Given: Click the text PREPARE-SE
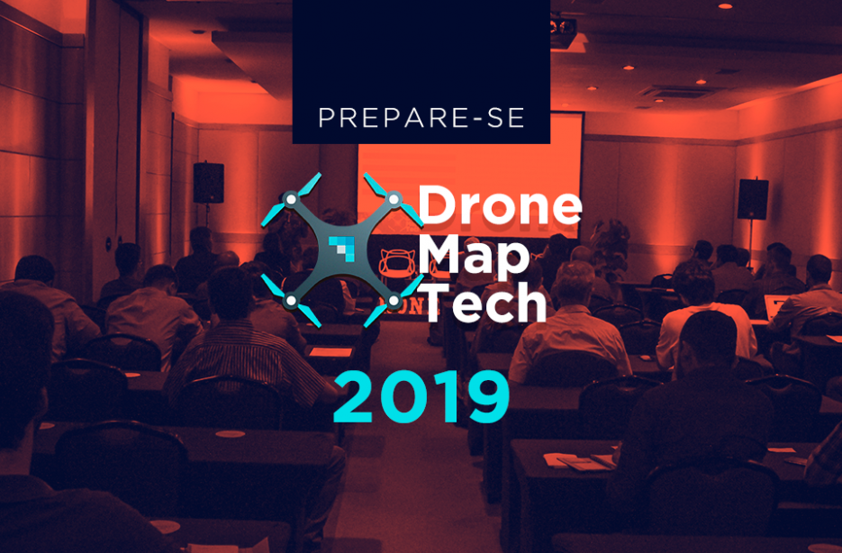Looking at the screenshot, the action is (x=421, y=118).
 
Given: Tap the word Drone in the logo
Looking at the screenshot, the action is (x=500, y=205).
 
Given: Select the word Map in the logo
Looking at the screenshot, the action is (x=474, y=256).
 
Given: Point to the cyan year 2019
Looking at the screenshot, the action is (x=421, y=397).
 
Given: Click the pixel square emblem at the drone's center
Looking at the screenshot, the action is (x=341, y=249).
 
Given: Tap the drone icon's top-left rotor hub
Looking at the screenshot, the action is (x=291, y=200).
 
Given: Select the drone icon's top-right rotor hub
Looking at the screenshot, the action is (x=394, y=200).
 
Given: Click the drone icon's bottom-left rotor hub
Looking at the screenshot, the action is (x=291, y=301).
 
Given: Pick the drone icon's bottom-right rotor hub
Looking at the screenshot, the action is (x=394, y=301).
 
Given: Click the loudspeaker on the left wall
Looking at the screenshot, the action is (x=208, y=183).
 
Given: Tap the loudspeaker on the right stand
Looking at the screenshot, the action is (x=752, y=199).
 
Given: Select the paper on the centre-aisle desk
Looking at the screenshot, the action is (x=330, y=352).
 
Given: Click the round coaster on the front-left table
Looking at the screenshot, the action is (x=230, y=434).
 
